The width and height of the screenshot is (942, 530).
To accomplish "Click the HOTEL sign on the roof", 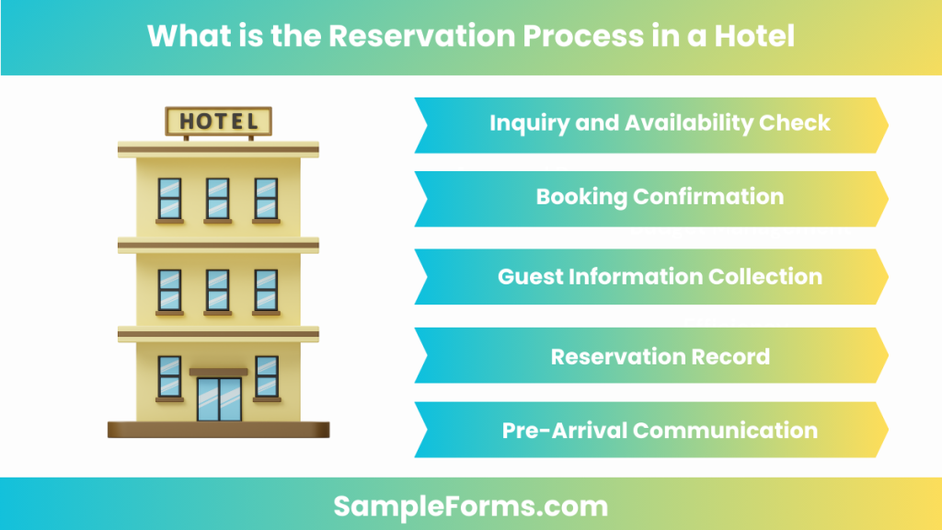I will [x=218, y=121].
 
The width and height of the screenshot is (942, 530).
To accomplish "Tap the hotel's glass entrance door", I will [x=219, y=397].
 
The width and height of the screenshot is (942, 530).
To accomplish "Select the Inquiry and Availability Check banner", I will [x=652, y=123].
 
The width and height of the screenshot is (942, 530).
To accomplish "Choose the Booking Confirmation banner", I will [x=652, y=197].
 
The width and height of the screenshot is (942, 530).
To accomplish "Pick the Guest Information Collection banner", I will [x=652, y=276].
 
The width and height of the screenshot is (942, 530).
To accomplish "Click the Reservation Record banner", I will [x=652, y=356].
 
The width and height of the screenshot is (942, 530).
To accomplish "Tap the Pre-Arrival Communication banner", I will [x=652, y=430].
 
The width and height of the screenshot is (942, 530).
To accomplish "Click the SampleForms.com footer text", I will [x=470, y=505].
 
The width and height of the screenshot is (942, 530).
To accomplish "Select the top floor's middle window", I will [x=218, y=198].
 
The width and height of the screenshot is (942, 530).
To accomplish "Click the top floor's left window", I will [x=169, y=198].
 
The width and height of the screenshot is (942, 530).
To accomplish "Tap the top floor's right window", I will [x=266, y=198].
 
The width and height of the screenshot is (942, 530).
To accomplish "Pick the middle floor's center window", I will [x=218, y=289].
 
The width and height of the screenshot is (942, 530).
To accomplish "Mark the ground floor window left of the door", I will [x=169, y=375].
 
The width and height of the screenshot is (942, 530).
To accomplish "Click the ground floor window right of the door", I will [x=267, y=375].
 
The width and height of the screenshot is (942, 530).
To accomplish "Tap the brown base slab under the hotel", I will [x=218, y=429].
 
